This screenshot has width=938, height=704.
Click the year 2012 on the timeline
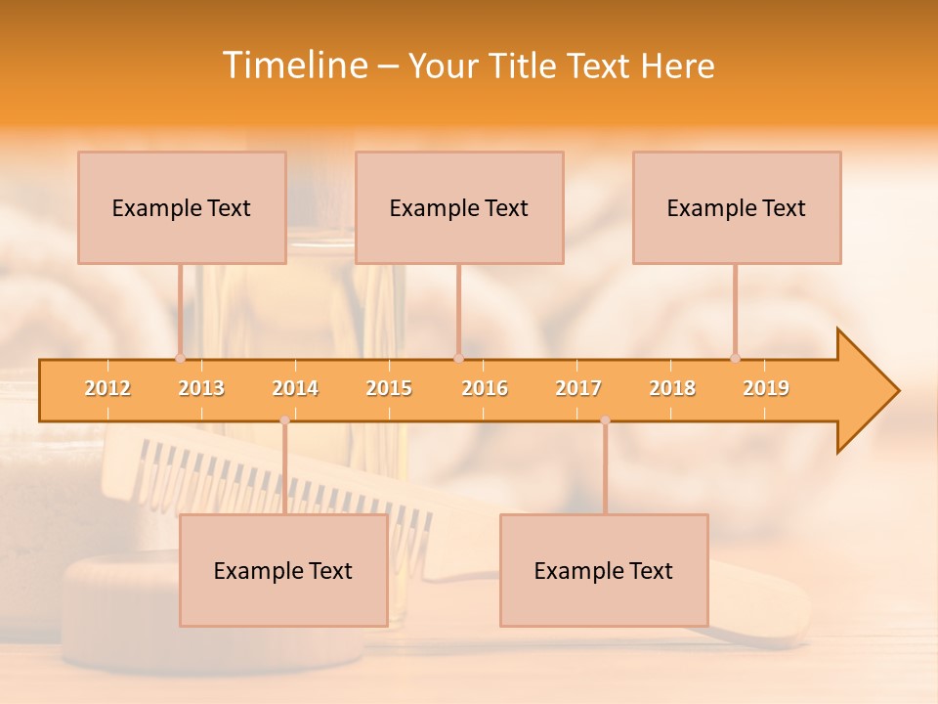[107, 388]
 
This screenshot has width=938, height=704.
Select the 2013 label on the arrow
[201, 388]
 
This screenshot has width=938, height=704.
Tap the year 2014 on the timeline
[295, 388]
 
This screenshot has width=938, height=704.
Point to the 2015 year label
[389, 388]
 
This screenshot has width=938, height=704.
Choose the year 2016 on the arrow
[485, 388]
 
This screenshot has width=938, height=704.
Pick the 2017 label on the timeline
[578, 388]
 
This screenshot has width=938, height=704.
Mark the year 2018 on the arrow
[672, 388]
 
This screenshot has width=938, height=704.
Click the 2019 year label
[766, 388]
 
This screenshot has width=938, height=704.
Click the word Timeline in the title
[292, 66]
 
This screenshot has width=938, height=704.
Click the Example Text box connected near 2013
[182, 207]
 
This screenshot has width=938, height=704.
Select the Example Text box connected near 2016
[459, 207]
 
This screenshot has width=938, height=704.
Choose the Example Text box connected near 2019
[737, 207]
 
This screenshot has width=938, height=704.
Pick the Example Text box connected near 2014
[283, 570]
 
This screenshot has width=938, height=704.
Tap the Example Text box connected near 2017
[604, 570]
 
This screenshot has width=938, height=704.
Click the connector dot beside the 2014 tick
[284, 420]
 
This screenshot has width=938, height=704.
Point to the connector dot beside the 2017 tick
[605, 420]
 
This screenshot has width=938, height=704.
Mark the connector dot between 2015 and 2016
[458, 358]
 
